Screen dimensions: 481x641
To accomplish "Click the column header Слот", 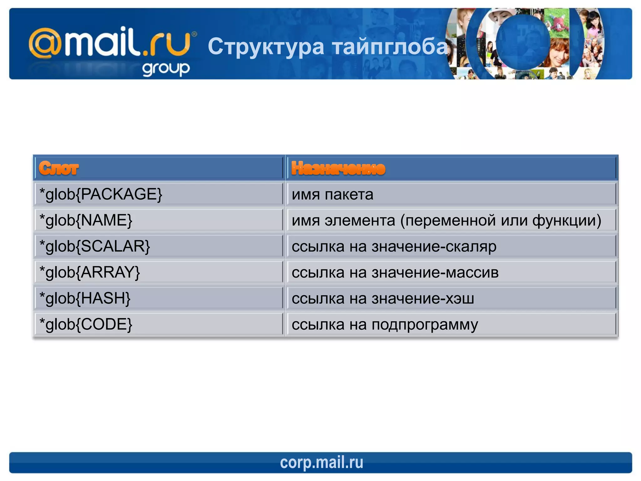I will (59, 168).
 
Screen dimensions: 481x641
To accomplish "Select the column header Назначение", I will (338, 168).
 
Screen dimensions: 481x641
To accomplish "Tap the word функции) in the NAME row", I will (567, 220).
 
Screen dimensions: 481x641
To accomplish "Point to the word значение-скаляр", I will (434, 246).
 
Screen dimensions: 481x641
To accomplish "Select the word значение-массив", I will (435, 272).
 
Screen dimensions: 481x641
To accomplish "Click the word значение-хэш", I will (423, 298).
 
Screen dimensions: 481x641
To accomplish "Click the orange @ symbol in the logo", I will (45, 43).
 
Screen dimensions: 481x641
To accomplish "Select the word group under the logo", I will (166, 69).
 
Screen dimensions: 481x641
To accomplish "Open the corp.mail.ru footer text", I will (321, 463).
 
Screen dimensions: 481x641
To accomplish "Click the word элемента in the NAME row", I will (360, 220).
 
